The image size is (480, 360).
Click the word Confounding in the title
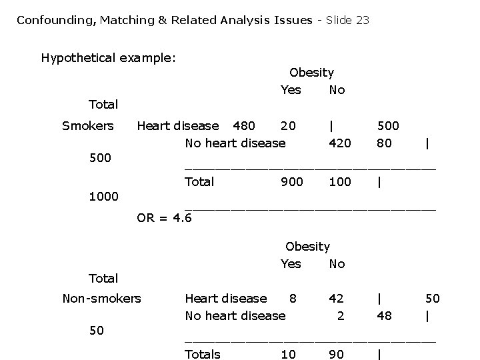pyautogui.click(x=56, y=20)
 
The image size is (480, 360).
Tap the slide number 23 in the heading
pyautogui.click(x=362, y=20)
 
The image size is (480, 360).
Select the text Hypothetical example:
pyautogui.click(x=108, y=58)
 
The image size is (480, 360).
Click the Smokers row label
pyautogui.click(x=88, y=126)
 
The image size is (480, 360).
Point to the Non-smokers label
pyautogui.click(x=101, y=298)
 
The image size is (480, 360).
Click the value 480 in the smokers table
pyautogui.click(x=243, y=126)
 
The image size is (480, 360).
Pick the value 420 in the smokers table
pyautogui.click(x=340, y=143)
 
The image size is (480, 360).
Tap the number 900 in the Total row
pyautogui.click(x=291, y=181)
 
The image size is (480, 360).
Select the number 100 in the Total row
pyautogui.click(x=340, y=181)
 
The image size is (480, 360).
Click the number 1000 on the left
pyautogui.click(x=104, y=197)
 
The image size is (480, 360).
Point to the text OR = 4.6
pyautogui.click(x=164, y=217)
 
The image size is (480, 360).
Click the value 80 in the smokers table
pyautogui.click(x=384, y=143)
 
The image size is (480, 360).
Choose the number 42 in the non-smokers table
pyautogui.click(x=337, y=298)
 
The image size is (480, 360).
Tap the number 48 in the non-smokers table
pyautogui.click(x=384, y=315)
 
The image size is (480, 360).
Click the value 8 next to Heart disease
pyautogui.click(x=292, y=298)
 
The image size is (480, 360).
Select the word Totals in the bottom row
pyautogui.click(x=202, y=354)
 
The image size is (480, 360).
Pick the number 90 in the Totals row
pyautogui.click(x=337, y=354)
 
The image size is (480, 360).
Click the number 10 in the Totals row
pyautogui.click(x=288, y=354)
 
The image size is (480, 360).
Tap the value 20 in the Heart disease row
pyautogui.click(x=288, y=126)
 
